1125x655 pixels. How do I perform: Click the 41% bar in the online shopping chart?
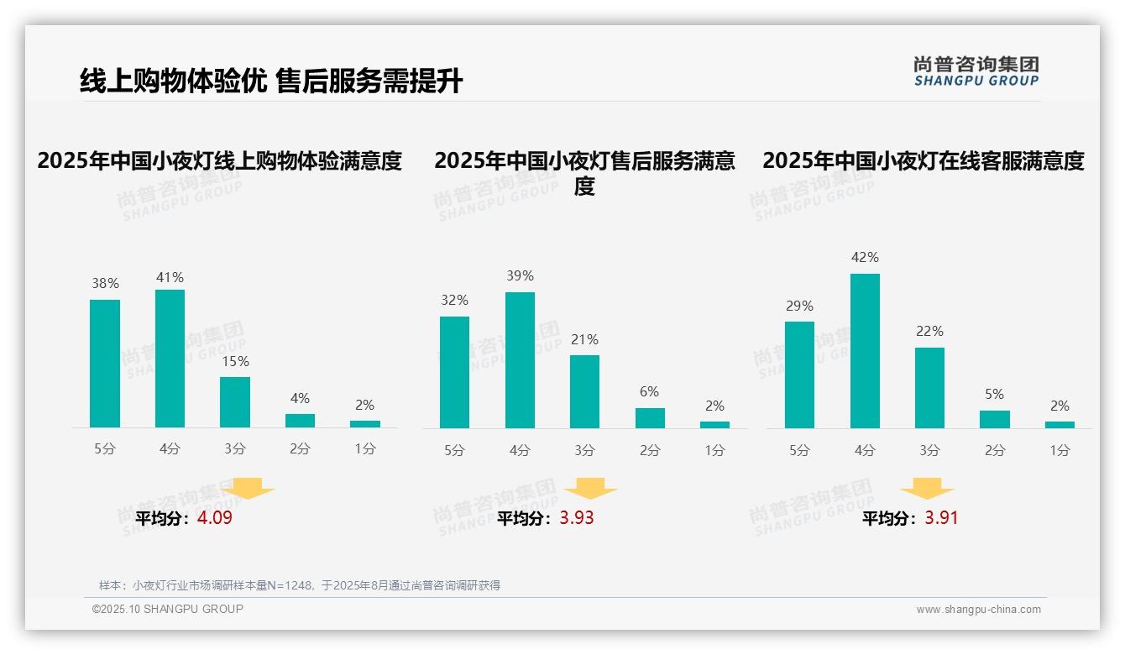click(170, 359)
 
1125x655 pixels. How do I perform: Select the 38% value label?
click(105, 284)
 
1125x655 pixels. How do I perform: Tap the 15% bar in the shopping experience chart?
click(235, 402)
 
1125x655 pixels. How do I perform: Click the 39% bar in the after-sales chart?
click(520, 360)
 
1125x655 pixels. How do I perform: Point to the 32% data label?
click(454, 300)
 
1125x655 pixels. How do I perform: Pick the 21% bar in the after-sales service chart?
click(584, 391)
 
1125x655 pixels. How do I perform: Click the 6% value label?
click(649, 391)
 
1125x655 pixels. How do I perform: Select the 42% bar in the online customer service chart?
click(865, 351)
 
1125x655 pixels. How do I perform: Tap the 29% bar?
click(799, 375)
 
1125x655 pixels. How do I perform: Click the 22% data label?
click(929, 331)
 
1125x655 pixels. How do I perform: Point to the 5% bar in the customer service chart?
click(994, 419)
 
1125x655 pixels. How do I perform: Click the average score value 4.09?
click(215, 518)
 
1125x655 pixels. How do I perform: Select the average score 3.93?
click(577, 518)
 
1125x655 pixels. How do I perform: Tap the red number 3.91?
click(941, 518)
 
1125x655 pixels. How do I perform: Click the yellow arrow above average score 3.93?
click(590, 489)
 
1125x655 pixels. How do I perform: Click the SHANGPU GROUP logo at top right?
click(976, 71)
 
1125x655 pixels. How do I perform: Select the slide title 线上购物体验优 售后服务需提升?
click(271, 81)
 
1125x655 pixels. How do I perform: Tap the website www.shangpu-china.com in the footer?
click(978, 610)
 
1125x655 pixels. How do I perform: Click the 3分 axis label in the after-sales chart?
click(584, 451)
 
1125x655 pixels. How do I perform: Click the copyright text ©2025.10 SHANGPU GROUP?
click(168, 609)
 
